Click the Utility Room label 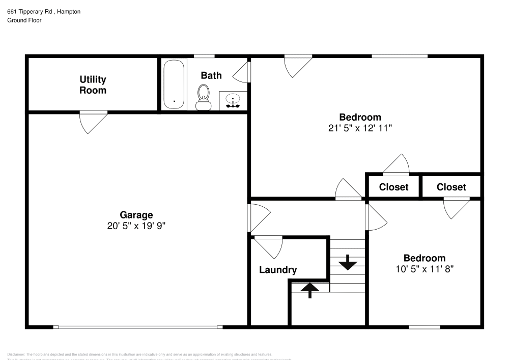click(x=93, y=85)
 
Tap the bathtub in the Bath click(x=174, y=84)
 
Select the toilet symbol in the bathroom click(x=204, y=97)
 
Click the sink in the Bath click(x=233, y=100)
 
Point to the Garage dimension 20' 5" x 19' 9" click(x=136, y=226)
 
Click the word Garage click(x=136, y=215)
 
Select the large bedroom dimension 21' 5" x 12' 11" click(x=360, y=128)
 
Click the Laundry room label click(x=277, y=270)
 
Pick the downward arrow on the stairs click(x=348, y=262)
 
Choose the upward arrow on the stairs click(x=309, y=290)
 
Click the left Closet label click(x=393, y=187)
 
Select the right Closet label click(x=451, y=187)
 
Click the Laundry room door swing click(x=269, y=246)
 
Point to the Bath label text click(x=211, y=75)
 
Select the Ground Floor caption click(x=24, y=20)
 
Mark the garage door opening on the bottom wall click(x=137, y=327)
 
